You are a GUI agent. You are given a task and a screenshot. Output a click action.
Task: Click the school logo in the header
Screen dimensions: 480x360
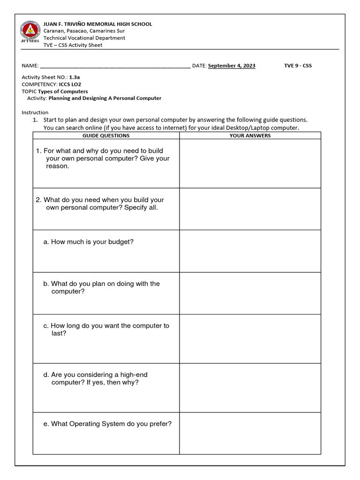(30, 32)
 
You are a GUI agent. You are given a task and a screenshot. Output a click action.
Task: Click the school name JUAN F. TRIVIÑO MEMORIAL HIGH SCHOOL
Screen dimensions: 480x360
(97, 24)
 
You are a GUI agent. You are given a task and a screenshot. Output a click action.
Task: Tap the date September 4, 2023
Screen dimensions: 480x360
(232, 66)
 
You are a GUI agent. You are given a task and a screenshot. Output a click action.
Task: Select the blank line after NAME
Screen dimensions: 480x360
(115, 66)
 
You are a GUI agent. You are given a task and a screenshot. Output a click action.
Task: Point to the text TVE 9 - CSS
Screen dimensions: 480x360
(298, 66)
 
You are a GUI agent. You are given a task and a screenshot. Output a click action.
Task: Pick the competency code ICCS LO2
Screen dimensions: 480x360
(67, 84)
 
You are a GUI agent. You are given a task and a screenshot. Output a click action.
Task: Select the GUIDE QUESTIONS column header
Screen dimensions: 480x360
(106, 135)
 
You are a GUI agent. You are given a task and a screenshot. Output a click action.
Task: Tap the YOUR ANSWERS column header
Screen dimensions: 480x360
(250, 135)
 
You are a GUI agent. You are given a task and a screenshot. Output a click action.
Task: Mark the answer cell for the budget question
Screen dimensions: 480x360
(250, 251)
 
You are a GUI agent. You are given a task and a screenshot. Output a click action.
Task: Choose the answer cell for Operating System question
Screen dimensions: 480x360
(250, 433)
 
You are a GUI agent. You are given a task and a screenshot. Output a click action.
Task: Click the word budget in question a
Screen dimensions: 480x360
(120, 242)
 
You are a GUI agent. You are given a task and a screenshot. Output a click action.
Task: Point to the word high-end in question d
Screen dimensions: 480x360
(132, 375)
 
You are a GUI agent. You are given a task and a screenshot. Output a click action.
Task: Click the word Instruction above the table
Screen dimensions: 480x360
(35, 112)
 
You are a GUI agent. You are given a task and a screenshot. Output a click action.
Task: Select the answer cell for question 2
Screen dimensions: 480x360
(250, 209)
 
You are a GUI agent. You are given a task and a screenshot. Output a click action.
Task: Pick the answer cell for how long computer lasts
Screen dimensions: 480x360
(250, 338)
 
